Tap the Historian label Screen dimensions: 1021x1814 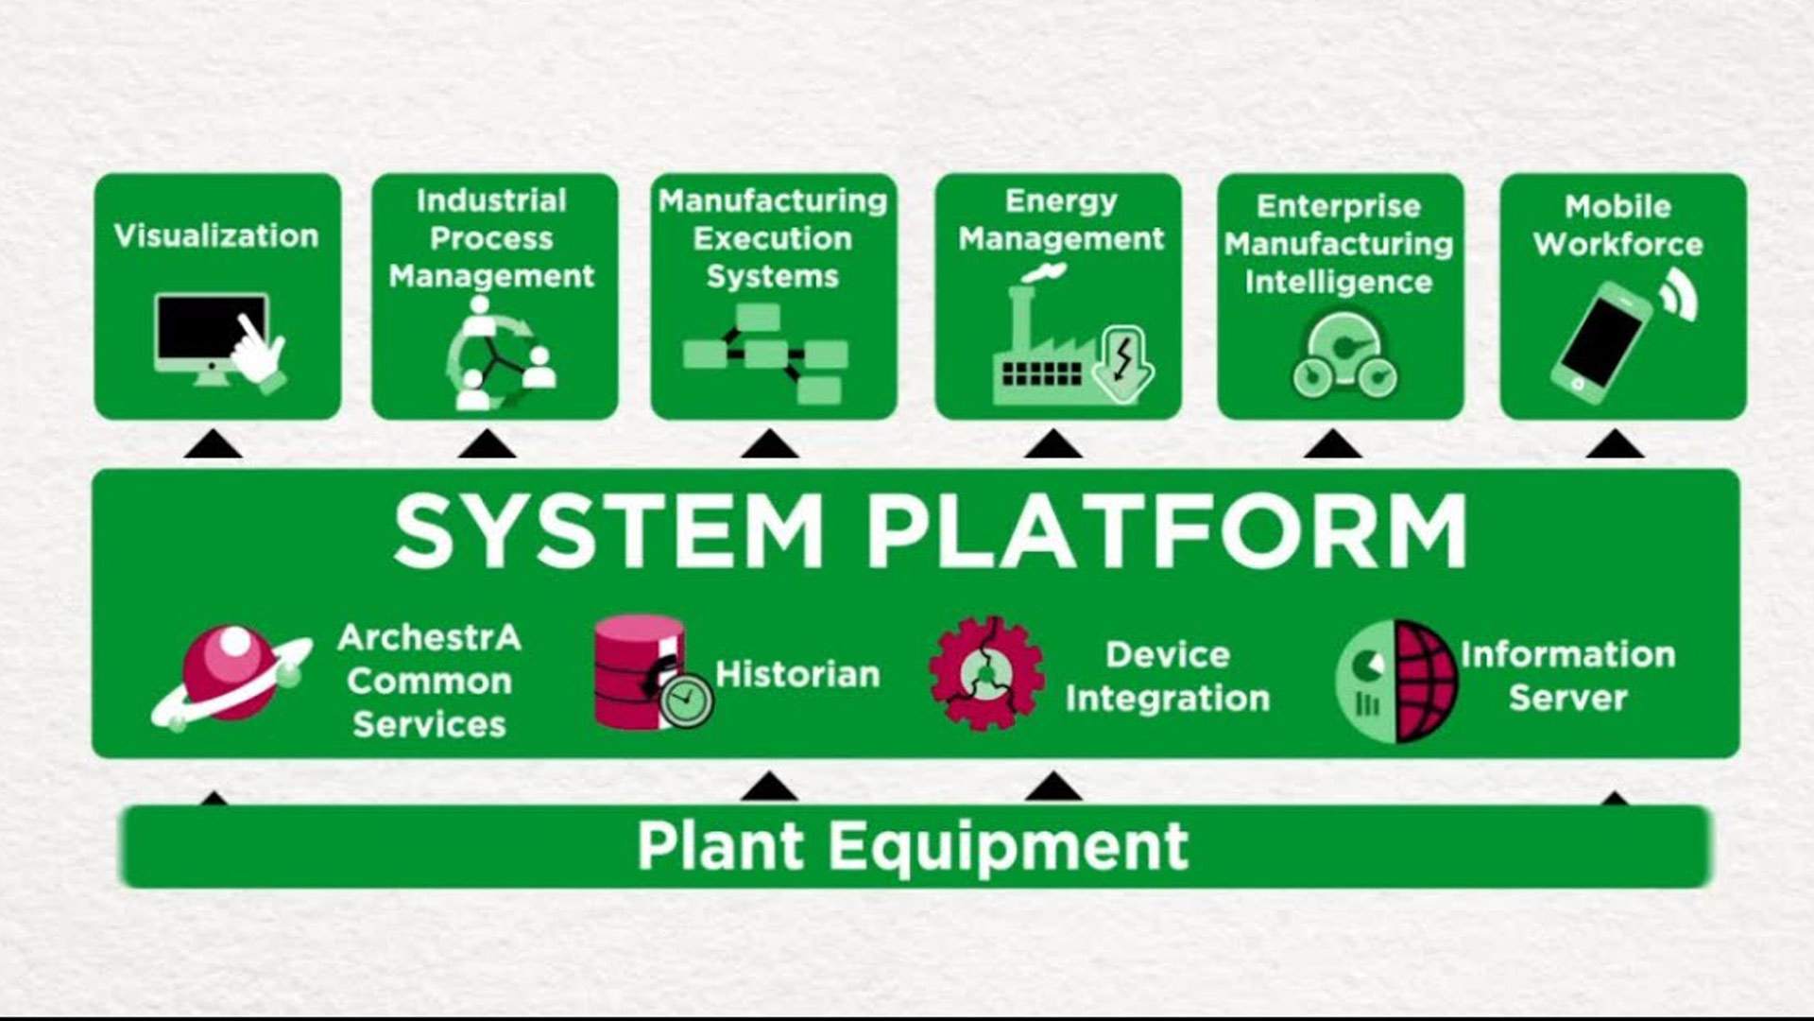point(797,675)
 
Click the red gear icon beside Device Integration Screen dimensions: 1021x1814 point(985,674)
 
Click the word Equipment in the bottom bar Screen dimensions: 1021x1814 point(1008,846)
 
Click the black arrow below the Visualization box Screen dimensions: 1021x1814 point(213,445)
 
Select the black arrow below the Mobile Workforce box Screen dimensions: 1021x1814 point(1614,445)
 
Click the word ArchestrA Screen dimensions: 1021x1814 point(429,638)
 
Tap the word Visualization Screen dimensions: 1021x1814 point(216,236)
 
